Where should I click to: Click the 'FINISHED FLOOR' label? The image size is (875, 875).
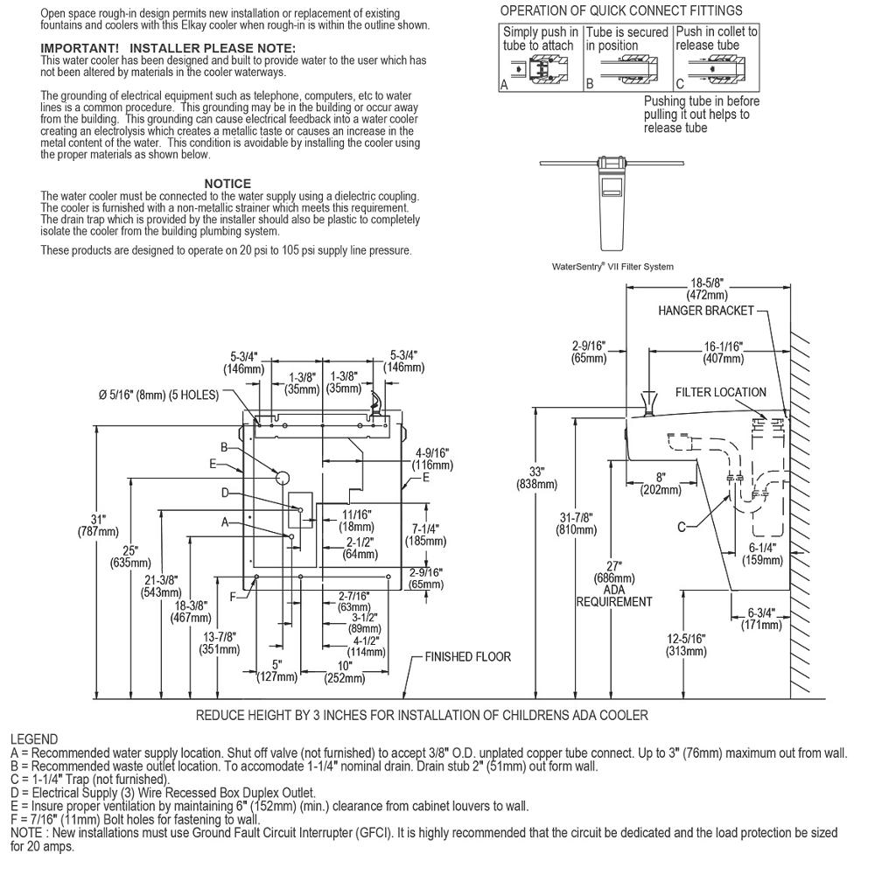(x=468, y=656)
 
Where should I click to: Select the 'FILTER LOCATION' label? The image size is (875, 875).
(x=720, y=393)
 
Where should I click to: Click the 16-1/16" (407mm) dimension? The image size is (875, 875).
(x=722, y=352)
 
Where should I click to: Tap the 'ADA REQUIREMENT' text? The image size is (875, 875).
(x=613, y=601)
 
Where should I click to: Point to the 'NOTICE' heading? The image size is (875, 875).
(x=227, y=184)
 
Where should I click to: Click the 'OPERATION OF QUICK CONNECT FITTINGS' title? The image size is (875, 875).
(x=621, y=10)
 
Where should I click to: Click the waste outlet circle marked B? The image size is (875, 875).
(x=283, y=477)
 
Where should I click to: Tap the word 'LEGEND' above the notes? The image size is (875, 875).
(x=34, y=739)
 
